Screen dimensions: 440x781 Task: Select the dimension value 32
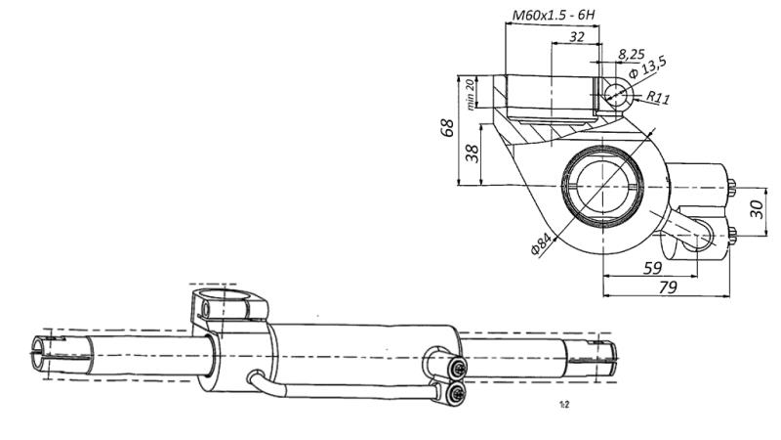tap(577, 37)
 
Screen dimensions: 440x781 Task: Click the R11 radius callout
tap(659, 98)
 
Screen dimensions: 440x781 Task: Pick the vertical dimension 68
tap(448, 128)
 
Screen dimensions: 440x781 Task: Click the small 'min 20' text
tap(471, 94)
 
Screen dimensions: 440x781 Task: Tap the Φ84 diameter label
tap(541, 243)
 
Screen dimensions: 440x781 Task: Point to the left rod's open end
tap(39, 351)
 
